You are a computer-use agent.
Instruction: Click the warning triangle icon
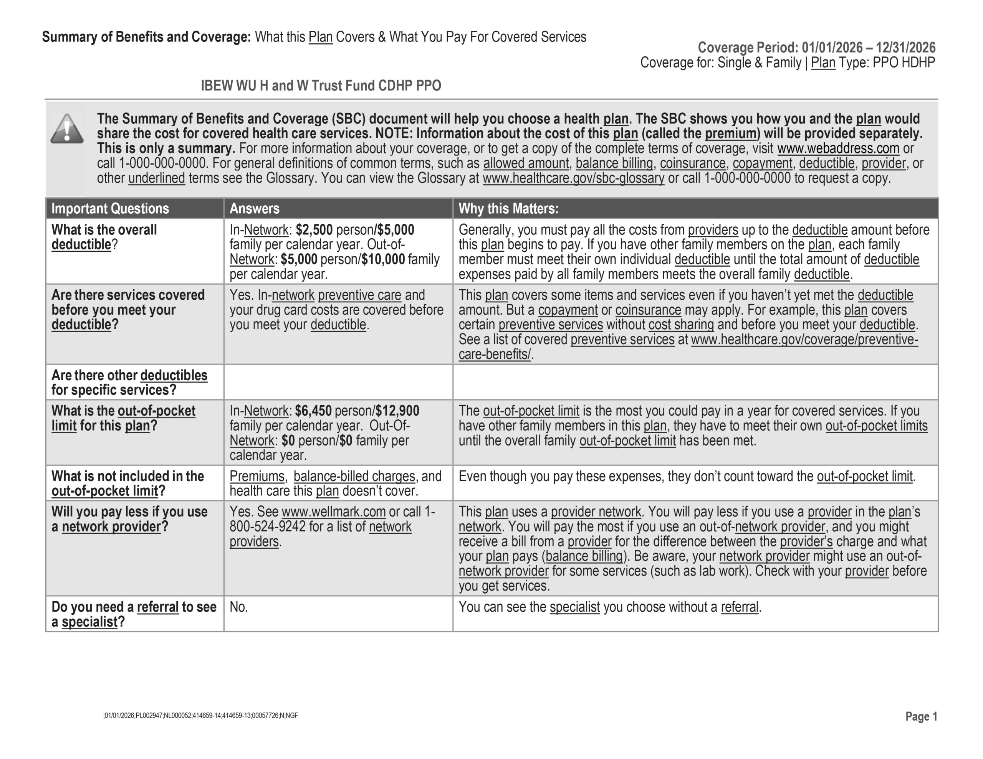(x=66, y=129)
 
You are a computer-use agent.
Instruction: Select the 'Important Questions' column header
(x=110, y=209)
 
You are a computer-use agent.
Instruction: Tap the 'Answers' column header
(x=254, y=209)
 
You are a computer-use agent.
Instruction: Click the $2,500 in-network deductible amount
(x=314, y=230)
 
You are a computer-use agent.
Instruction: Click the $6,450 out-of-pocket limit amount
(x=313, y=411)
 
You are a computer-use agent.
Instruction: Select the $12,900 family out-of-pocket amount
(x=397, y=411)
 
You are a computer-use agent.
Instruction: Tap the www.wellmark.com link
(x=334, y=512)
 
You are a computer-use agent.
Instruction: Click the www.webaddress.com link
(x=838, y=148)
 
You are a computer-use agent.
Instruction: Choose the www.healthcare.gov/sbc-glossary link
(x=573, y=178)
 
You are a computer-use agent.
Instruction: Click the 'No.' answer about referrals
(x=238, y=607)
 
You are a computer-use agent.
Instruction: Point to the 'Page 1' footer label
(x=921, y=716)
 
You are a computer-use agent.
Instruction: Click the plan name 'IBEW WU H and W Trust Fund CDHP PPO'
(x=321, y=86)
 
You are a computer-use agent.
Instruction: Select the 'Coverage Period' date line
(x=816, y=47)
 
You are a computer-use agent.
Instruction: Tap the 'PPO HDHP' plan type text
(x=904, y=63)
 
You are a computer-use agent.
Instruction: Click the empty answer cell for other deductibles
(x=338, y=382)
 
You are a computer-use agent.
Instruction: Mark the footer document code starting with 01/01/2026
(x=201, y=716)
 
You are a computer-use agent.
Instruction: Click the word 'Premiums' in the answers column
(x=257, y=477)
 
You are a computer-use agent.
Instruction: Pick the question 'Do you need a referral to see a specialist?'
(x=134, y=614)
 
